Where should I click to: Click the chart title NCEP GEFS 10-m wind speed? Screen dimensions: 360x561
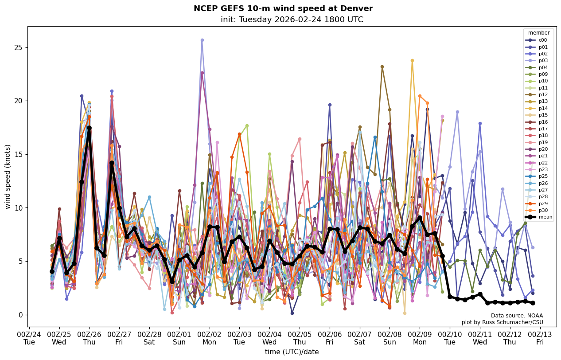coord(283,9)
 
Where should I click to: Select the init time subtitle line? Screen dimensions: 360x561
coord(292,20)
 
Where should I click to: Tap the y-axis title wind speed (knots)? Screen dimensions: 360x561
coord(8,176)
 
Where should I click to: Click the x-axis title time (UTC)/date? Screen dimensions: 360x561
coord(292,352)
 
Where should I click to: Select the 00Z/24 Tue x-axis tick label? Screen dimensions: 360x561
coord(29,337)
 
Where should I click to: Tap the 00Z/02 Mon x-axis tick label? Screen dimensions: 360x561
coord(210,337)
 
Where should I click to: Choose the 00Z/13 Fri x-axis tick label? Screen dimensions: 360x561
coord(540,337)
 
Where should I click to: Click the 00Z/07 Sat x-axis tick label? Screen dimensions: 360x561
coord(360,337)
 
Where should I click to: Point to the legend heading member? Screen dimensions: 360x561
coord(538,33)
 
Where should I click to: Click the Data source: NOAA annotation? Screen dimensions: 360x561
coord(517,316)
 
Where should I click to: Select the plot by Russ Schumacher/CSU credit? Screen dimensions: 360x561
coord(502,322)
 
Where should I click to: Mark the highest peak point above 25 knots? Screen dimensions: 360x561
coord(202,40)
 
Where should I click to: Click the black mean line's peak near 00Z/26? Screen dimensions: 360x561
coord(89,128)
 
